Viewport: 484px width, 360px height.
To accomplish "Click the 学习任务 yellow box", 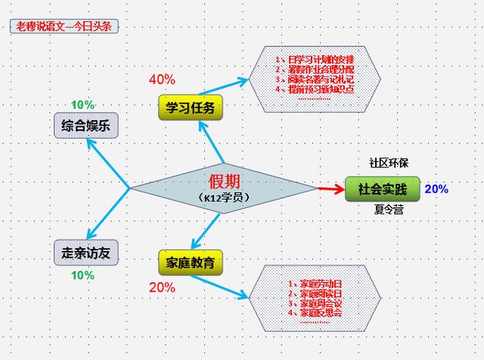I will (191, 108).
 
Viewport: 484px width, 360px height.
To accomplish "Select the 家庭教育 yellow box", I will (191, 262).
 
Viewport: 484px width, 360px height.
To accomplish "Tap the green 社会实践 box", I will (382, 189).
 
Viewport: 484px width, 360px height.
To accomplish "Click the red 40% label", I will (162, 79).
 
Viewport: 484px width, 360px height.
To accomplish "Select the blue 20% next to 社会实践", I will (436, 189).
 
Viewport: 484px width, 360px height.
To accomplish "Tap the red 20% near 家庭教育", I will (162, 287).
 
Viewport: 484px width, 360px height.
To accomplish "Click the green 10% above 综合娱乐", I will (83, 104).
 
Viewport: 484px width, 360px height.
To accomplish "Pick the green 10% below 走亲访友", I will (82, 275).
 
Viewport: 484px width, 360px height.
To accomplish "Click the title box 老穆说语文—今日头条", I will (64, 26).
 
